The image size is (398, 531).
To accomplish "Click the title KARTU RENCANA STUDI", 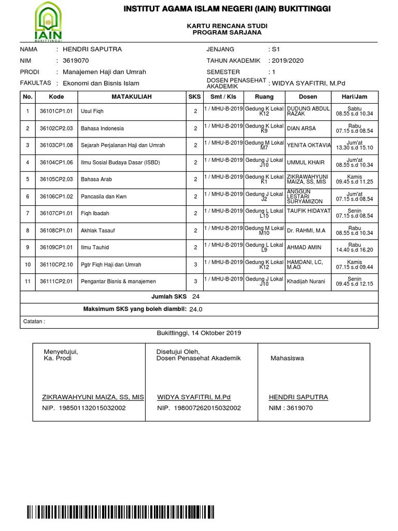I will click(226, 25).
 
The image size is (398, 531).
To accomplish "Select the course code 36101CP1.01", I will click(56, 111).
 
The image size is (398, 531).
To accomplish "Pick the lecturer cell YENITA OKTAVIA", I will click(308, 146).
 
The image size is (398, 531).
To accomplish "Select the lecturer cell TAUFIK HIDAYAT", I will click(308, 211).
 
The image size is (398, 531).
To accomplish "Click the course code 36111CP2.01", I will click(56, 282).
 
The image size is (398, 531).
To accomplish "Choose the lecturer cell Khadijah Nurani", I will click(306, 282).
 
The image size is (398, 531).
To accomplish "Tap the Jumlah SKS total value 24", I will click(195, 297).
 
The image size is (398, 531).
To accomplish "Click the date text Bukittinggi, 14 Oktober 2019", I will click(198, 333).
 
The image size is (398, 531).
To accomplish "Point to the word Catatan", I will click(34, 321).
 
